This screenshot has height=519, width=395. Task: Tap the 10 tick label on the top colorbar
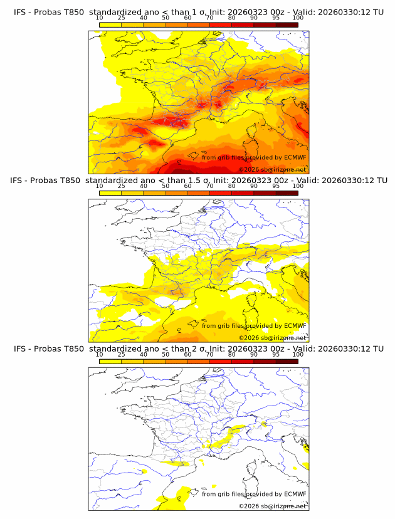click(x=99, y=18)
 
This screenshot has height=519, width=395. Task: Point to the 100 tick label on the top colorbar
click(x=298, y=18)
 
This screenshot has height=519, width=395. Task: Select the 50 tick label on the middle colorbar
click(x=166, y=186)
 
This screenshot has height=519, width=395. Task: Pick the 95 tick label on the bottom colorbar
click(x=276, y=354)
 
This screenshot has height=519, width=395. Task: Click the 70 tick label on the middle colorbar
click(x=209, y=186)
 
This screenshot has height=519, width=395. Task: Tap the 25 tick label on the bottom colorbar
click(x=121, y=354)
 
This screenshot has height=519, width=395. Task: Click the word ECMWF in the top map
click(x=295, y=157)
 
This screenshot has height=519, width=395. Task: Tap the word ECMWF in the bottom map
click(x=295, y=494)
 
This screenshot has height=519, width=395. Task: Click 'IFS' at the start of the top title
click(x=20, y=12)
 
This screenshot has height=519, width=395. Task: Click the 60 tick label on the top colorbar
click(x=187, y=18)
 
